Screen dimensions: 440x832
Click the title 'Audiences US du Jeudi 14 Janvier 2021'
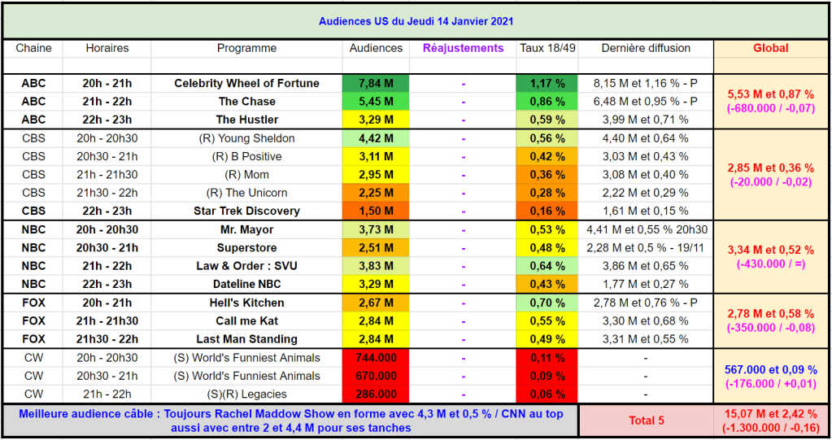pos(416,21)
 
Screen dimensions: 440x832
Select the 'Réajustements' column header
pos(463,48)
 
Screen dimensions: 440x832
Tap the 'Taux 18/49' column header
pos(547,48)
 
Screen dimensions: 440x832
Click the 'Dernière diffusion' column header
pos(646,48)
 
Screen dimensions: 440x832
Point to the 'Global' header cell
pos(770,48)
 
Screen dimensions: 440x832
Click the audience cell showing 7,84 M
pos(376,84)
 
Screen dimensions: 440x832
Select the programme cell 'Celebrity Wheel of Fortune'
pos(246,84)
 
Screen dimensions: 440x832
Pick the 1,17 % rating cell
pos(547,84)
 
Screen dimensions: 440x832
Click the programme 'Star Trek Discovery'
pos(246,211)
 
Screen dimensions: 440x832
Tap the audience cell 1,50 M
pos(376,211)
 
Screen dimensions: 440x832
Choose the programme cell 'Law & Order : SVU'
pos(246,266)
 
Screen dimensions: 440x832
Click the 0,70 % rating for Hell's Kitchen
pos(547,303)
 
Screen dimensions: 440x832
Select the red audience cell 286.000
pos(376,394)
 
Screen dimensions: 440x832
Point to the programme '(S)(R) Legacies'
pos(246,394)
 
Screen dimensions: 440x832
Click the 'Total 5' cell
pos(646,420)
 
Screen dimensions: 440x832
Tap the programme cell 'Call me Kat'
pos(246,320)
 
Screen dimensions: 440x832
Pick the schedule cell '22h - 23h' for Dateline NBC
pos(107,285)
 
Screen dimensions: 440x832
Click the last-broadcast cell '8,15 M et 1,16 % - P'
pos(646,84)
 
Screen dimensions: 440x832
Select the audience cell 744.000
pos(376,358)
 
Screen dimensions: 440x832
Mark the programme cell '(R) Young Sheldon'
pos(246,138)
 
